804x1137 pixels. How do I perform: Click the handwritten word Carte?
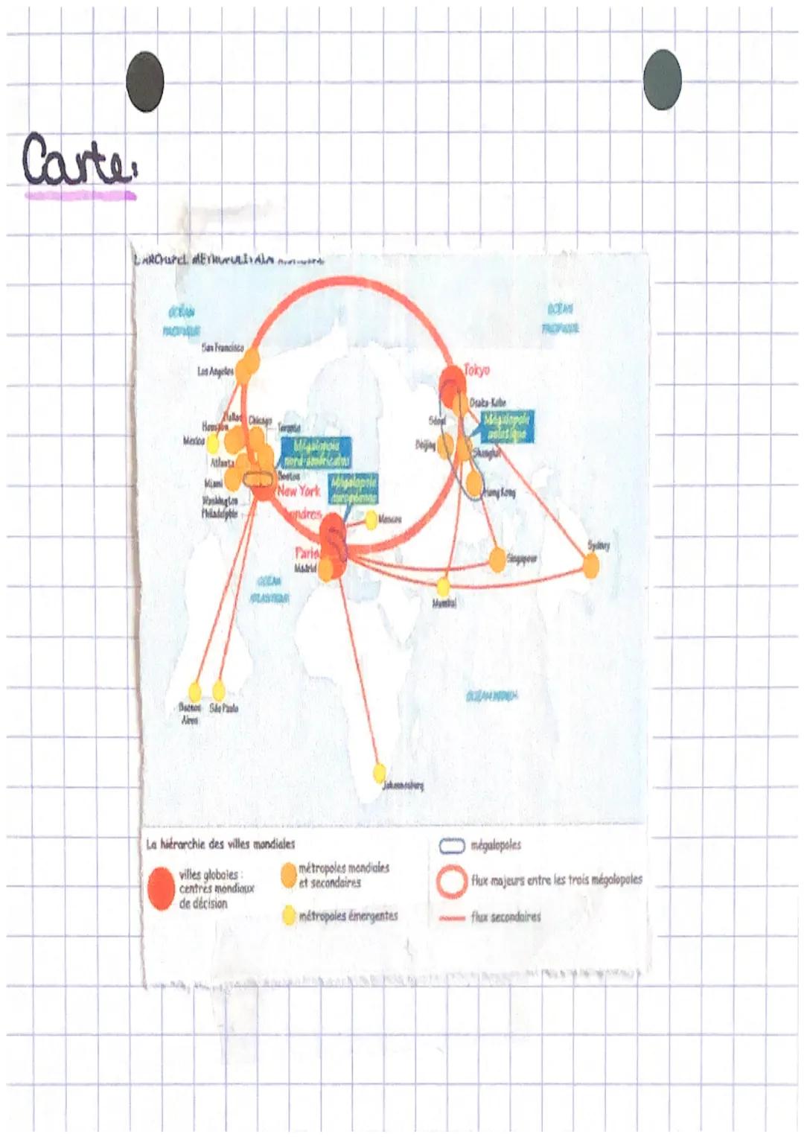tap(78, 160)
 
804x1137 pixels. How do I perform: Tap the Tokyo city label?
tap(477, 369)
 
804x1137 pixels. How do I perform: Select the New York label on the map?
tap(299, 491)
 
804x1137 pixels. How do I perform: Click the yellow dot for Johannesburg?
tap(379, 771)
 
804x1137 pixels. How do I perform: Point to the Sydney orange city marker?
tap(590, 566)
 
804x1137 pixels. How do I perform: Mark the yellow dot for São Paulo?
tap(219, 690)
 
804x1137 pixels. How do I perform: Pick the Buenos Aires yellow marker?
tap(195, 691)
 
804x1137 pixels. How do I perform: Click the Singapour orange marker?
tap(497, 559)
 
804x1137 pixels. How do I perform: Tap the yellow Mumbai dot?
tap(444, 586)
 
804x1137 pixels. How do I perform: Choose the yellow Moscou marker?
tap(371, 520)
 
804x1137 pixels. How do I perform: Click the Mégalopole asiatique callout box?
tap(506, 427)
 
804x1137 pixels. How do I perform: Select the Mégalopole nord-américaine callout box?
tap(316, 453)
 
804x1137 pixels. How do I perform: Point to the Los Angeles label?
tap(215, 371)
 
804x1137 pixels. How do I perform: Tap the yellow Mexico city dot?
tap(212, 445)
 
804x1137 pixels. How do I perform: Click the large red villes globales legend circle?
tap(161, 888)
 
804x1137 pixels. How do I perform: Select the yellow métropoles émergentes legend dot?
tap(289, 915)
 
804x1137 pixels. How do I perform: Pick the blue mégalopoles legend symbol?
tap(452, 846)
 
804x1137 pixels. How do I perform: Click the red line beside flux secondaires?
tap(452, 918)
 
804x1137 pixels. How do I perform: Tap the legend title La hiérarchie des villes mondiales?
tap(220, 844)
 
